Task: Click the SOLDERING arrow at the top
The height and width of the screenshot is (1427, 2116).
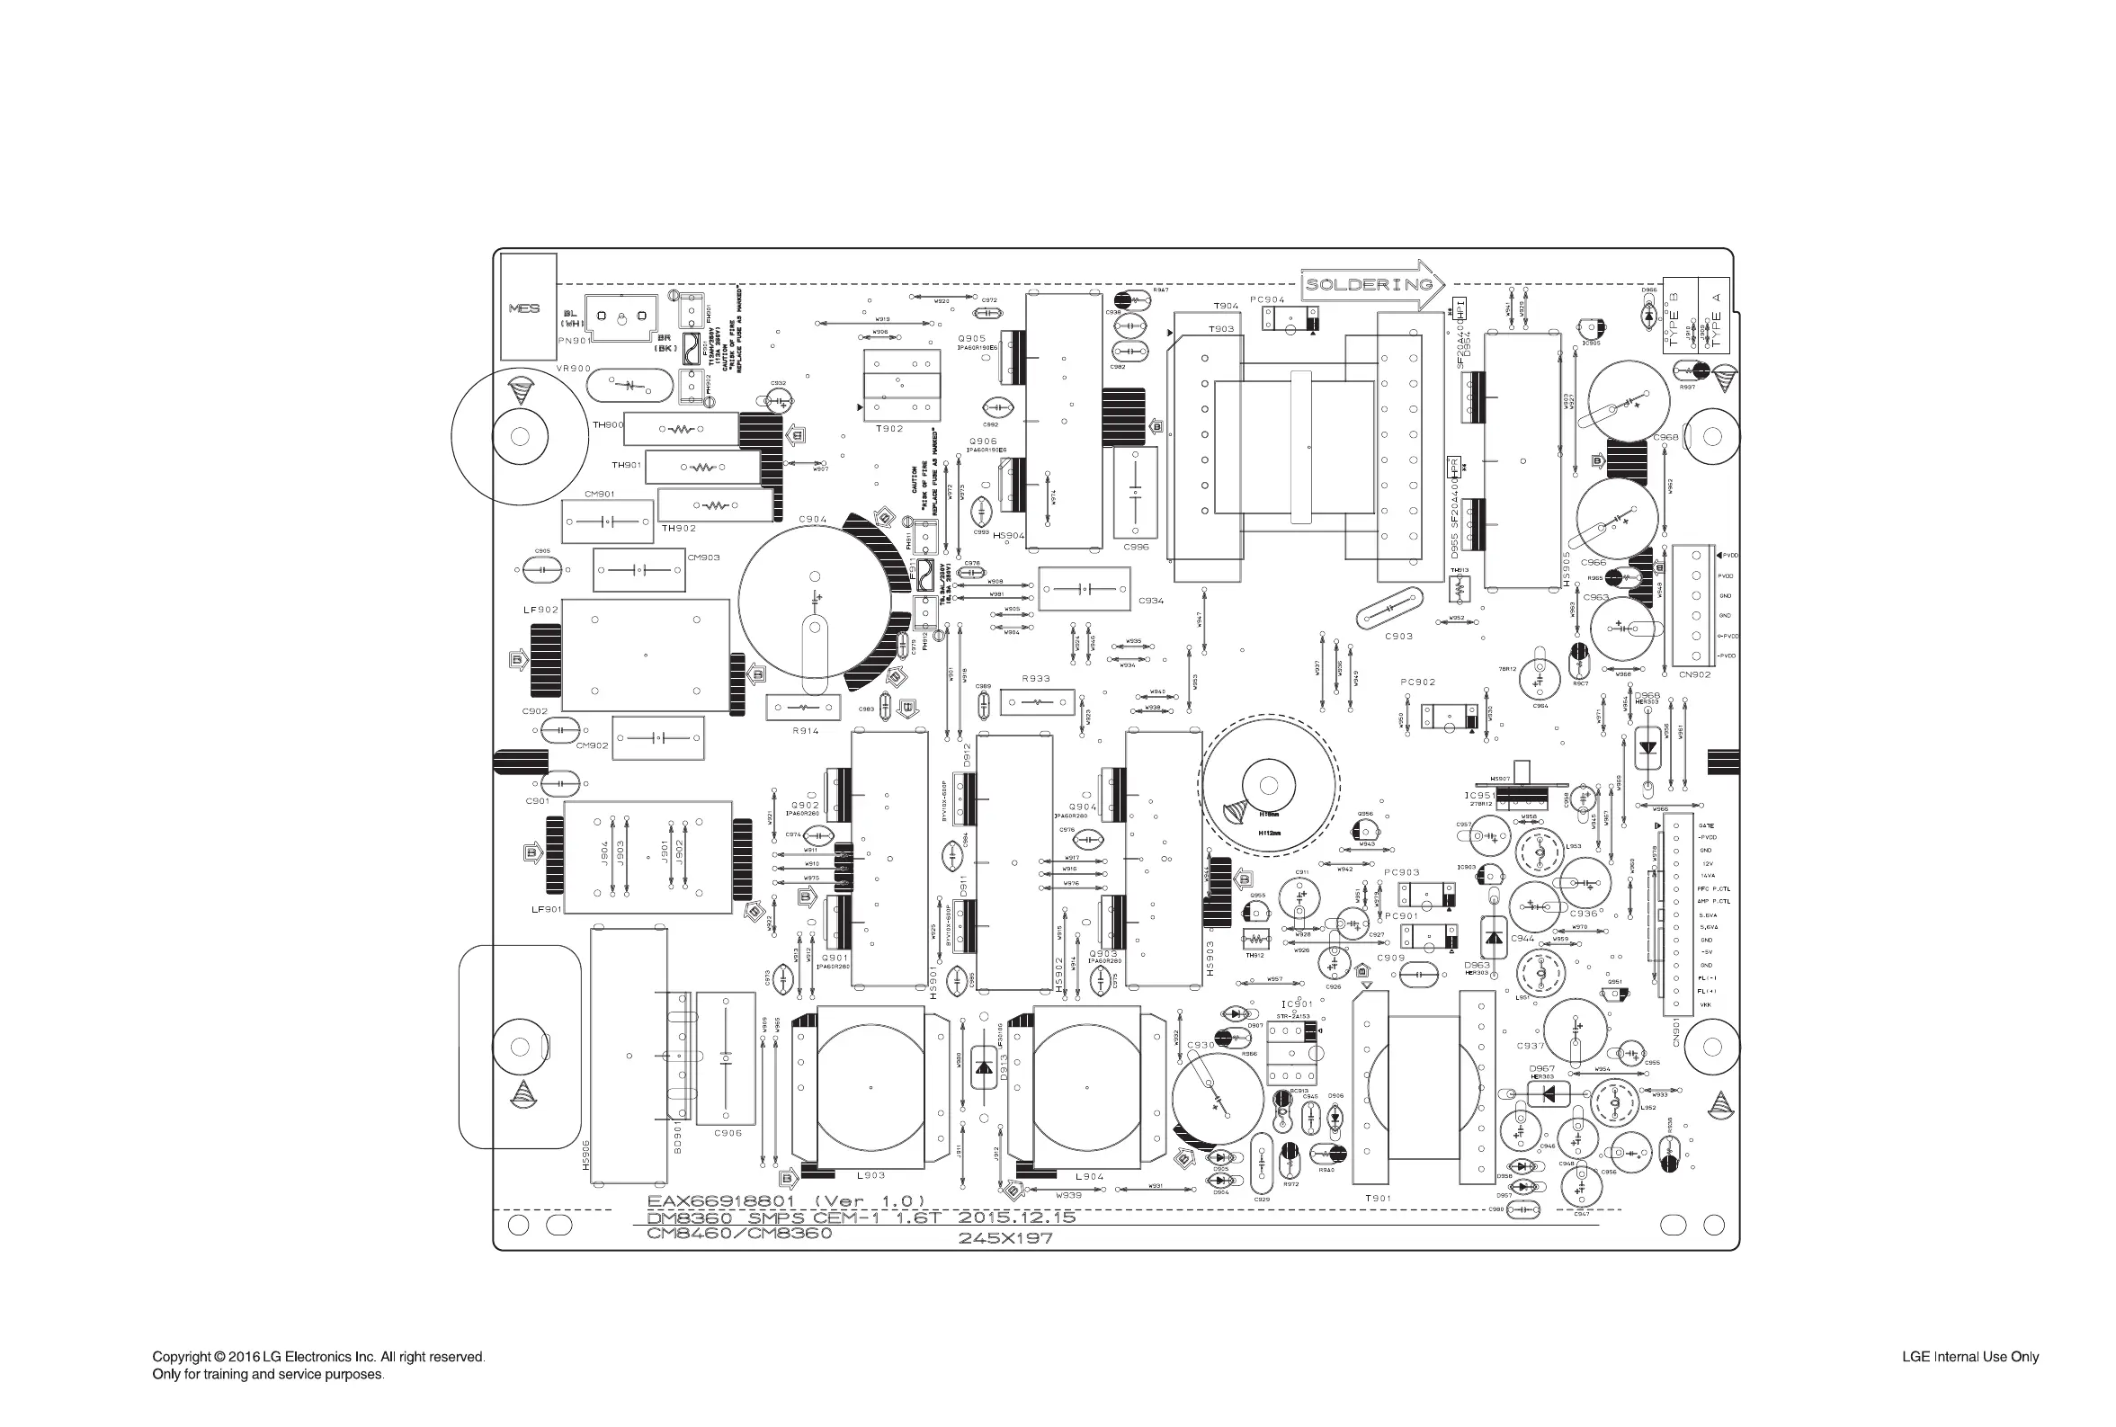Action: pos(1370,285)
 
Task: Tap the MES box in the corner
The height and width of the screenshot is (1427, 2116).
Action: pos(524,308)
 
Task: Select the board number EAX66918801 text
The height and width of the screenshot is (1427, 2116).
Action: pos(721,1201)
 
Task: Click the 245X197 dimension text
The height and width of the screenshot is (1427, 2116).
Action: pos(1005,1237)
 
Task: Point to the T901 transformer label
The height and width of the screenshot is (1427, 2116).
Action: pos(1378,1199)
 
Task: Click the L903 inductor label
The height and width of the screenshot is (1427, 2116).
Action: pos(871,1176)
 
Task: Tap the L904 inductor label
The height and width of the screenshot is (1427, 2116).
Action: pos(1089,1177)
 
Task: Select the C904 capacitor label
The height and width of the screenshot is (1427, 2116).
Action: pos(813,520)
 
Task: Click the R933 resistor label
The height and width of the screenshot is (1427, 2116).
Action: pos(1036,679)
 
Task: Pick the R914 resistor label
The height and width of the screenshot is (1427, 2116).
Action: pos(805,731)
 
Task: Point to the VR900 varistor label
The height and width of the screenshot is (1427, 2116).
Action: pos(574,369)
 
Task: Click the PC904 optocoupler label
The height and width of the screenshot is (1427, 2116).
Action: pos(1267,299)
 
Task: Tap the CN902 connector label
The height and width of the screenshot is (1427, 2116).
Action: pos(1694,674)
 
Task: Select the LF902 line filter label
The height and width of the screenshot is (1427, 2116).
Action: pos(540,610)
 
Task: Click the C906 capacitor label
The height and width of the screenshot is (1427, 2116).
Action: pos(728,1133)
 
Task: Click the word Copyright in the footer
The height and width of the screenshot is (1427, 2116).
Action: pos(182,1357)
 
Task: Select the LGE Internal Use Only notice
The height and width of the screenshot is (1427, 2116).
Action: pos(1969,1357)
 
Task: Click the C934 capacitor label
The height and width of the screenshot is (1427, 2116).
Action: pos(1151,601)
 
